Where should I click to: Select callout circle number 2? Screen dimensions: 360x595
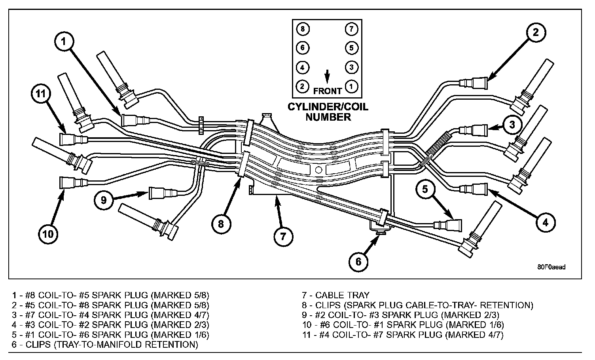(x=535, y=33)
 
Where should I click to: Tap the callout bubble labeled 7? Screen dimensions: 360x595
(x=283, y=236)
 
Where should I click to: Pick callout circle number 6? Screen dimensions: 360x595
(x=358, y=261)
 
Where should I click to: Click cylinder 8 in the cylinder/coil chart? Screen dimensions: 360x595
(x=302, y=29)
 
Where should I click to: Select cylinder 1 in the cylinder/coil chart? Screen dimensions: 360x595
(x=351, y=86)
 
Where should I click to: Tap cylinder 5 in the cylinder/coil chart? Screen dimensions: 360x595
(x=351, y=48)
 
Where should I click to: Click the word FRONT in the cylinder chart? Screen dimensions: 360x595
(x=328, y=91)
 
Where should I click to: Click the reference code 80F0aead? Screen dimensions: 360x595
(x=551, y=267)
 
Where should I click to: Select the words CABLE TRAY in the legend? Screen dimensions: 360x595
(x=342, y=295)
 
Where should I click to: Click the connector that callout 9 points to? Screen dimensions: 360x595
(x=161, y=193)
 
